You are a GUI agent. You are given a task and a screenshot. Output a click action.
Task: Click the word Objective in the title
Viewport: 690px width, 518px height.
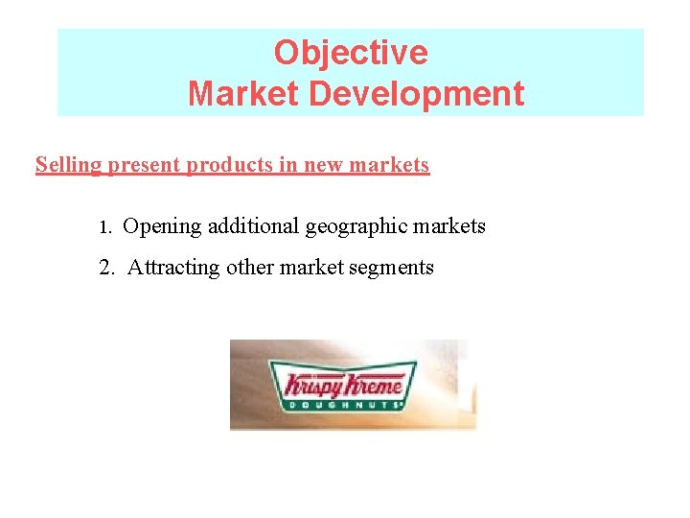351,52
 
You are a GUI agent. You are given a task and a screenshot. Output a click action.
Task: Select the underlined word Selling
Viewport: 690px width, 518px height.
68,165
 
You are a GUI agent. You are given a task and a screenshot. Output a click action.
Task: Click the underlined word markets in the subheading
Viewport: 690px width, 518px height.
389,165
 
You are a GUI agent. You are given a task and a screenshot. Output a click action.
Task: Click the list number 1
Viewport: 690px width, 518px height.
106,227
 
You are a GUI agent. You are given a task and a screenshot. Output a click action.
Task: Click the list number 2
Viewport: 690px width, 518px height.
106,268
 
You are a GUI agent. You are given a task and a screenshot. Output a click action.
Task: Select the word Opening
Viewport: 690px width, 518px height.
163,227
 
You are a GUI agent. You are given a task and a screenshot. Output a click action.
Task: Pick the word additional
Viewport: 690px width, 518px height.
253,226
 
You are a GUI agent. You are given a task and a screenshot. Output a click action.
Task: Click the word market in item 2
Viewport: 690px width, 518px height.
310,268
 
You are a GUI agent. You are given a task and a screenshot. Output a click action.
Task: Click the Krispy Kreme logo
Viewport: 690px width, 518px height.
345,386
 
